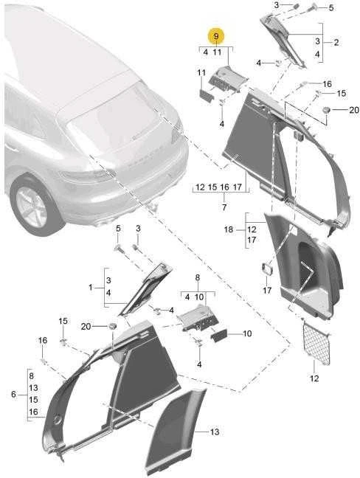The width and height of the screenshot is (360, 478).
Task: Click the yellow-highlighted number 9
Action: tap(216, 37)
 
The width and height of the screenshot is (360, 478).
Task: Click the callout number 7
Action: tap(224, 207)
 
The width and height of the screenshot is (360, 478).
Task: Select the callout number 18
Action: tap(229, 229)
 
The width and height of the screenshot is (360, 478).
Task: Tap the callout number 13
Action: tap(215, 432)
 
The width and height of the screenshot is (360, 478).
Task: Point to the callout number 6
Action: tap(13, 394)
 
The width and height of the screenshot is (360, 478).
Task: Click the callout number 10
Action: tap(247, 333)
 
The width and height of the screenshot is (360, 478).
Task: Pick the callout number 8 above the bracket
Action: tap(198, 277)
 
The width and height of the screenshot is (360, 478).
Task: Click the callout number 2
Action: tap(336, 42)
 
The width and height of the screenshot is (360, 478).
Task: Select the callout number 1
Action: tap(90, 287)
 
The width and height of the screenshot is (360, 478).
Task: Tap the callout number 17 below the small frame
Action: tap(267, 290)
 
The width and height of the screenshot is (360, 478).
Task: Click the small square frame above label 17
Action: tap(268, 269)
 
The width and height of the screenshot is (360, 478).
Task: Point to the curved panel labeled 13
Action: tap(176, 432)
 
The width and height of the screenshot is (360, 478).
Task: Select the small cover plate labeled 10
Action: tap(219, 336)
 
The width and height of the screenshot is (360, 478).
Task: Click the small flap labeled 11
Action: tap(207, 96)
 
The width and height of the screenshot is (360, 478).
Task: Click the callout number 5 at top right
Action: tap(331, 8)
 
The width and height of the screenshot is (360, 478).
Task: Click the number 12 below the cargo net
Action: tap(314, 378)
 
